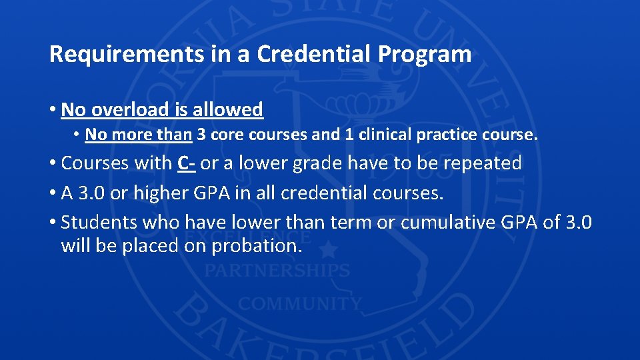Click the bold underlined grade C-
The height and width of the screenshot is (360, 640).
click(186, 163)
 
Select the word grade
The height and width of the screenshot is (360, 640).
click(321, 163)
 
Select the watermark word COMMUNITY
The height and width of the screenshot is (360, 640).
click(300, 304)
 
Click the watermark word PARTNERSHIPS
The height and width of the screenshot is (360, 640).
click(277, 271)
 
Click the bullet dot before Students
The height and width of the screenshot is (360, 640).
click(53, 222)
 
